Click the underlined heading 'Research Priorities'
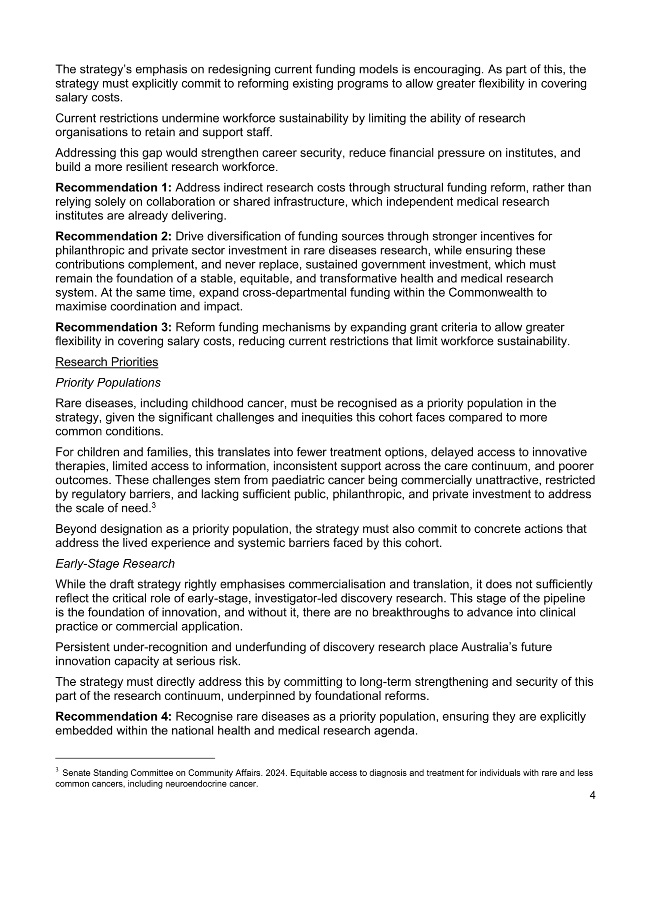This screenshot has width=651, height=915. [x=107, y=362]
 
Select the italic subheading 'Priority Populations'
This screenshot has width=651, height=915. [x=108, y=383]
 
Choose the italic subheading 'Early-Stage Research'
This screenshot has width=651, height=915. [x=115, y=564]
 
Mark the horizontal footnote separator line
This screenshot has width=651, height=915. [x=135, y=758]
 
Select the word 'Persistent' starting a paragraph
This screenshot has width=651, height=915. [x=82, y=647]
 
